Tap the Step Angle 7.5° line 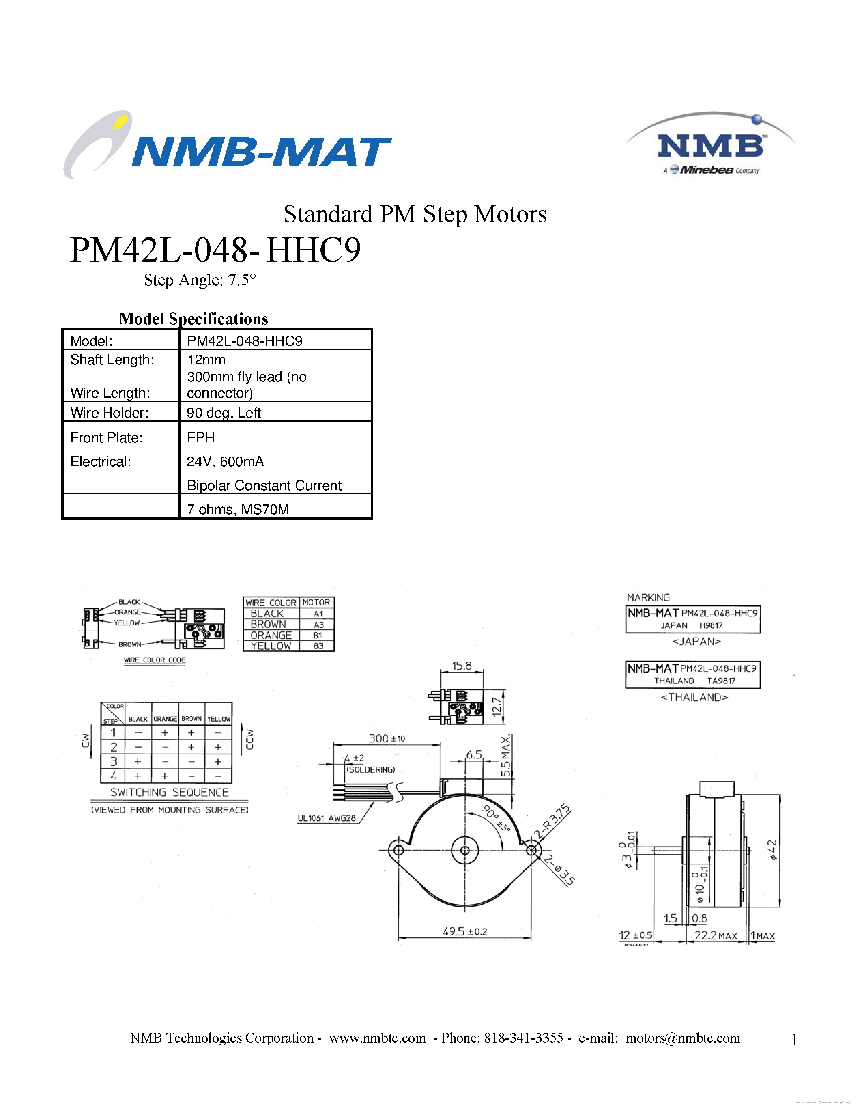point(200,280)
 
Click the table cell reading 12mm point(206,360)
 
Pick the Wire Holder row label point(109,413)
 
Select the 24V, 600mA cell point(225,461)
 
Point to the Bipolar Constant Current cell point(264,485)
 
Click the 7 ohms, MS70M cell point(238,509)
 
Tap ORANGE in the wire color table point(271,635)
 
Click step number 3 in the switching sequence point(113,761)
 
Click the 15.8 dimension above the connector point(461,666)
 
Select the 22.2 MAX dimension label point(715,935)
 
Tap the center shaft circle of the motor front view point(465,850)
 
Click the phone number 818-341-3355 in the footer point(523,1038)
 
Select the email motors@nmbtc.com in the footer point(683,1038)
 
